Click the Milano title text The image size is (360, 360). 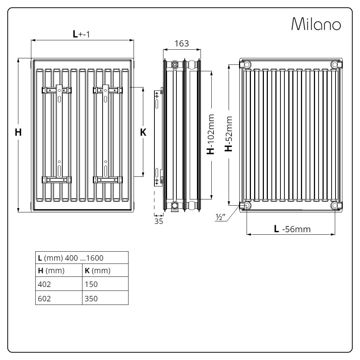[316, 24]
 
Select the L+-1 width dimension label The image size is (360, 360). [81, 34]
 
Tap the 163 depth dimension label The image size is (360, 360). [181, 44]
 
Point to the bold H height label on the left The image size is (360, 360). [18, 132]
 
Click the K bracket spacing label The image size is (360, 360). [143, 132]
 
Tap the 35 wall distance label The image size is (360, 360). [159, 221]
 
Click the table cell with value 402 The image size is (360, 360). [45, 284]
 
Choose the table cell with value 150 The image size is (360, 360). [91, 284]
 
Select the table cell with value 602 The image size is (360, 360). [45, 298]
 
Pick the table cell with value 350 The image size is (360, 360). [91, 298]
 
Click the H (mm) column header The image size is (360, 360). [51, 271]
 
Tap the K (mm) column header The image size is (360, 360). [97, 271]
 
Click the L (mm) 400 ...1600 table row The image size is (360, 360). [82, 258]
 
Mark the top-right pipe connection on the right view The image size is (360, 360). [335, 64]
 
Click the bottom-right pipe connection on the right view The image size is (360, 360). [335, 206]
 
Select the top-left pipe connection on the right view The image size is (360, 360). [247, 64]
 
